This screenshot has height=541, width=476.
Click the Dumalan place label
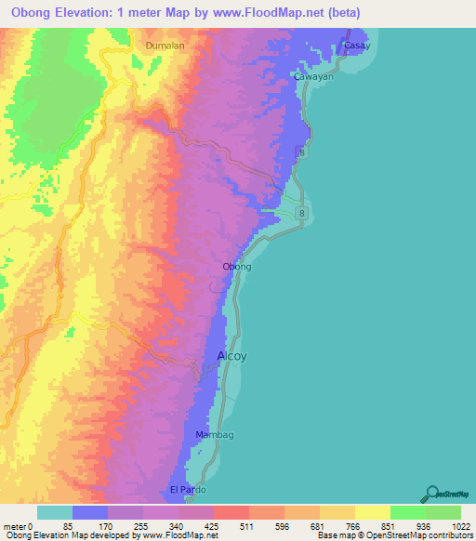pyautogui.click(x=165, y=45)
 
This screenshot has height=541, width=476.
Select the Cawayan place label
pyautogui.click(x=313, y=77)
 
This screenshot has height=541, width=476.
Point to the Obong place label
pyautogui.click(x=237, y=267)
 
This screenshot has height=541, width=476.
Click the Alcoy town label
pyautogui.click(x=232, y=355)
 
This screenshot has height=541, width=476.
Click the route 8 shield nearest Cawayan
pyautogui.click(x=301, y=151)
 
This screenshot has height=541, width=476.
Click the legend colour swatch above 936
pyautogui.click(x=408, y=511)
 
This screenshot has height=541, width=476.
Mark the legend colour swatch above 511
pyautogui.click(x=231, y=511)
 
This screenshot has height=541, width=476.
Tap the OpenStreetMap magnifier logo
pyautogui.click(x=432, y=493)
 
